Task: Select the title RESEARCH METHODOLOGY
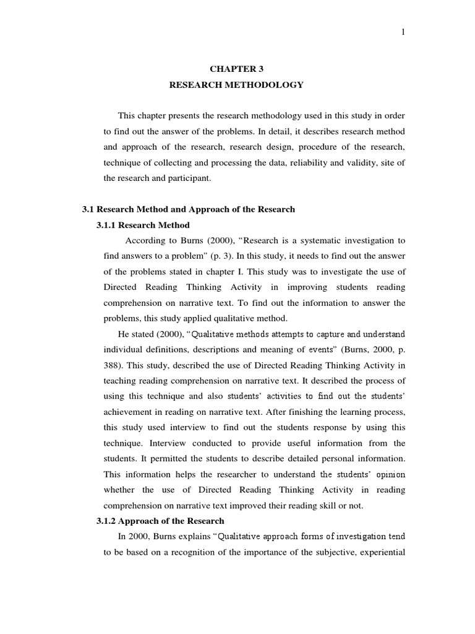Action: pyautogui.click(x=236, y=85)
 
